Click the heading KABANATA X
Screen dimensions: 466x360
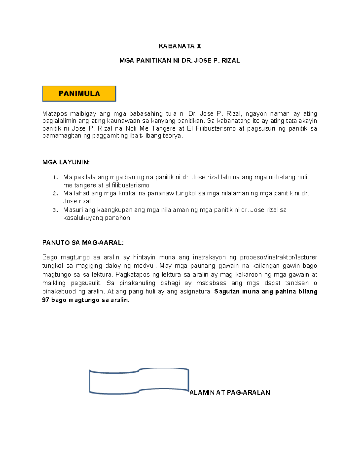click(180, 46)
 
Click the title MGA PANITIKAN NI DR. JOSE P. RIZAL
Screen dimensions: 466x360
click(179, 61)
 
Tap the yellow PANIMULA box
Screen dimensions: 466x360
click(79, 94)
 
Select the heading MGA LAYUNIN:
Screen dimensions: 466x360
click(66, 162)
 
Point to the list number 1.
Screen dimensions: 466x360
click(55, 177)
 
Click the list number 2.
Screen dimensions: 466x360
click(55, 194)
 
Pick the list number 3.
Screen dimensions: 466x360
click(55, 210)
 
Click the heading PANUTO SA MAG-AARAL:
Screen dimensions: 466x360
click(83, 243)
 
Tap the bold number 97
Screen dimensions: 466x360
click(46, 300)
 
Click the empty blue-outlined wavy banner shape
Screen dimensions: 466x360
click(139, 381)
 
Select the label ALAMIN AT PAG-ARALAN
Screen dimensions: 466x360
click(230, 392)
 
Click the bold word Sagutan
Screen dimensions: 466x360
click(226, 292)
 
